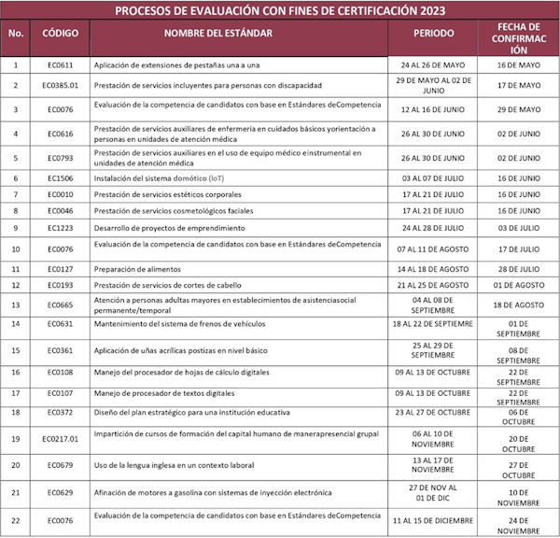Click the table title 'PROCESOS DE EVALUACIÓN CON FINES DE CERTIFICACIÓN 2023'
click(279, 11)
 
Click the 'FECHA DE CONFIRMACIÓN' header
click(518, 38)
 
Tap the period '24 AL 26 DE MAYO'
click(433, 64)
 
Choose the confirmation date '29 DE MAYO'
click(518, 109)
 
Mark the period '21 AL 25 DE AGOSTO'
click(433, 284)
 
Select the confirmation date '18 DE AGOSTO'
click(518, 304)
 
